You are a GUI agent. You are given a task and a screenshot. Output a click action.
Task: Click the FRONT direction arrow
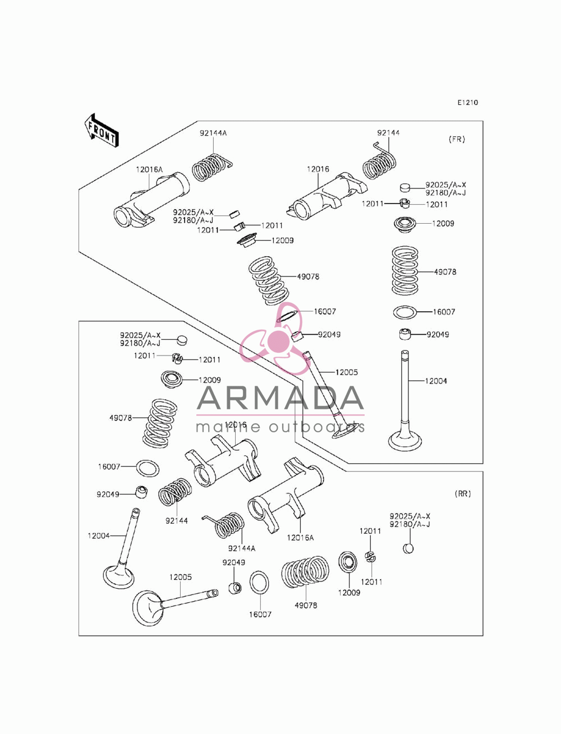pyautogui.click(x=102, y=131)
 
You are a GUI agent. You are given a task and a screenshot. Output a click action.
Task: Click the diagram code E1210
pyautogui.click(x=468, y=103)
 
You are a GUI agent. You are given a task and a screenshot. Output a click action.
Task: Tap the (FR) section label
pyautogui.click(x=457, y=140)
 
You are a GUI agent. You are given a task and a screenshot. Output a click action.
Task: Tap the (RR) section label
pyautogui.click(x=463, y=493)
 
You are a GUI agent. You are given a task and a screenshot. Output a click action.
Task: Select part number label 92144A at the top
pyautogui.click(x=213, y=133)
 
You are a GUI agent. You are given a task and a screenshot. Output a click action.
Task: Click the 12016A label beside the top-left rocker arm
pyautogui.click(x=149, y=169)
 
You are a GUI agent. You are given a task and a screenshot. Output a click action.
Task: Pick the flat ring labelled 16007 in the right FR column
pyautogui.click(x=405, y=312)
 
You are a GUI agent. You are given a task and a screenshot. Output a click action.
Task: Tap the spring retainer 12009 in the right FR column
pyautogui.click(x=404, y=224)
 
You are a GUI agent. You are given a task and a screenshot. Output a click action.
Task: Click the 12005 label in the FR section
pyautogui.click(x=347, y=372)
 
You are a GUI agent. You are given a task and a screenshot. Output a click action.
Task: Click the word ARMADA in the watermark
pyautogui.click(x=280, y=398)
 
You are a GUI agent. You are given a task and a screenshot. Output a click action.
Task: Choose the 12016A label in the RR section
pyautogui.click(x=300, y=538)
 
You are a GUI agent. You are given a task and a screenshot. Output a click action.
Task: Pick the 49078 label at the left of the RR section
pyautogui.click(x=121, y=418)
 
